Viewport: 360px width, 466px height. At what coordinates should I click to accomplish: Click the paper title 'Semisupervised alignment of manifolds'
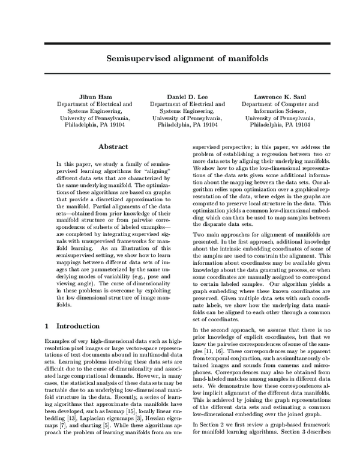pos(179,59)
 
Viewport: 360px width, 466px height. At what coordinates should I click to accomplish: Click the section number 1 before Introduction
pos(47,326)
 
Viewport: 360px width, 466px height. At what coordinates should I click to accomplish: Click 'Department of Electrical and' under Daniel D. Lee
pos(179,104)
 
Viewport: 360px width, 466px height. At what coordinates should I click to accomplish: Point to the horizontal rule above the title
pos(179,44)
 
